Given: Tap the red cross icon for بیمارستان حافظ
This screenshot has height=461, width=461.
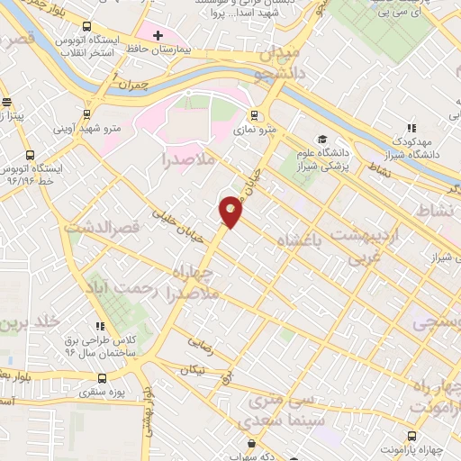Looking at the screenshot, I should click(x=158, y=36).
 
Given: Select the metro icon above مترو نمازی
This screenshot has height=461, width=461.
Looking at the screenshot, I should click(x=254, y=115).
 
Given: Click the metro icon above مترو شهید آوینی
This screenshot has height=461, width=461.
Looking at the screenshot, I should click(x=87, y=114).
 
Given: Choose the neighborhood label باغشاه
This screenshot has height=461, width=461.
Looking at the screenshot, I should click(x=294, y=240).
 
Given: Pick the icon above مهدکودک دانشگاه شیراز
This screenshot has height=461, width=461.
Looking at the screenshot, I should click(x=412, y=130).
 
